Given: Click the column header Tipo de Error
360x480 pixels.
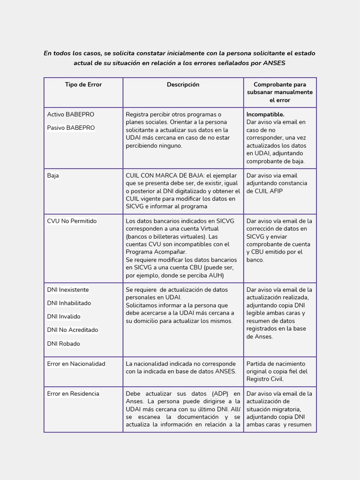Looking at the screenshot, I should [x=83, y=85].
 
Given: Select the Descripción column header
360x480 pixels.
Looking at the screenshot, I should [x=183, y=85].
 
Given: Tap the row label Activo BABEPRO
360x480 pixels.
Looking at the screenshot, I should [x=71, y=114].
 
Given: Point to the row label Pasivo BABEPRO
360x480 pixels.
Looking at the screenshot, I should [x=71, y=128].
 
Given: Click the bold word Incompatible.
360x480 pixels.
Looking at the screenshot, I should [x=265, y=114].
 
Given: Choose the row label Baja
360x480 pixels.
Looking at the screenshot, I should [x=53, y=176].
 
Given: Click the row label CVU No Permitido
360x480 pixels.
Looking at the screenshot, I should [x=72, y=221].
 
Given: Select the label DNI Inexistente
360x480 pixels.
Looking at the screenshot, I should [x=68, y=290].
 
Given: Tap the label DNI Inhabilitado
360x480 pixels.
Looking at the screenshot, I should [x=69, y=303].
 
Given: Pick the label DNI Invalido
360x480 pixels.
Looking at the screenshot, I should [x=64, y=317].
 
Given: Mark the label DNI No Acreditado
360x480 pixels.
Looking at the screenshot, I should [x=73, y=330].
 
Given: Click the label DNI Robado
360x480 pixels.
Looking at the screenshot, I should [x=63, y=344].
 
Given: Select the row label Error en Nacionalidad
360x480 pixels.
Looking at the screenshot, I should [x=76, y=364].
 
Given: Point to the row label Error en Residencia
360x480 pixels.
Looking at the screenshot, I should [x=73, y=394].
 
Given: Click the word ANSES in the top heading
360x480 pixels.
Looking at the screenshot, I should [x=274, y=63].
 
